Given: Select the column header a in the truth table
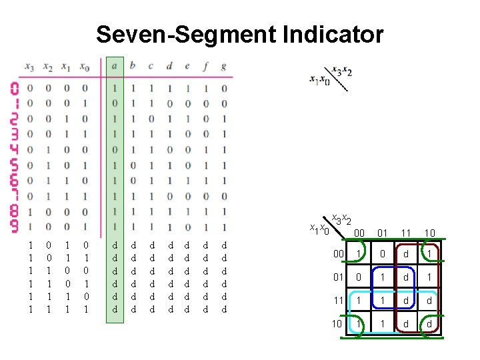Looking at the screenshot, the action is (x=115, y=66).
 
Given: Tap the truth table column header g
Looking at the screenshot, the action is (x=223, y=66).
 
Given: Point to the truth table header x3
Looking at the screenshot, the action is (x=29, y=66).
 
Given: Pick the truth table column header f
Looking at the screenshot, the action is (x=205, y=66).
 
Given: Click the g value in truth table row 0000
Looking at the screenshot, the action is (x=223, y=88).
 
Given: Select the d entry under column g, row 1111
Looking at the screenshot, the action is (x=223, y=309).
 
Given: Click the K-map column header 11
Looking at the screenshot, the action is (x=406, y=233).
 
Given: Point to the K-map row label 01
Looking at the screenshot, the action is (x=339, y=276).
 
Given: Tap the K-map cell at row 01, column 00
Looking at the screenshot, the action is (x=359, y=276).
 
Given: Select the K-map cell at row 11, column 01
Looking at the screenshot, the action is (x=382, y=300).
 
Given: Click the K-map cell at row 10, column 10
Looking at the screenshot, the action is (x=429, y=324).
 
